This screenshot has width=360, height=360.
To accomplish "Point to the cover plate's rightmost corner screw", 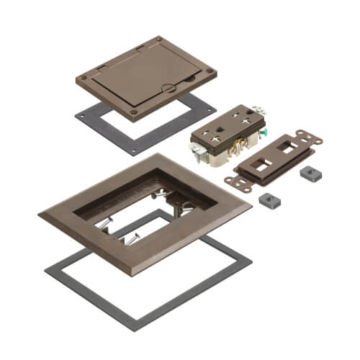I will click(210, 72).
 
